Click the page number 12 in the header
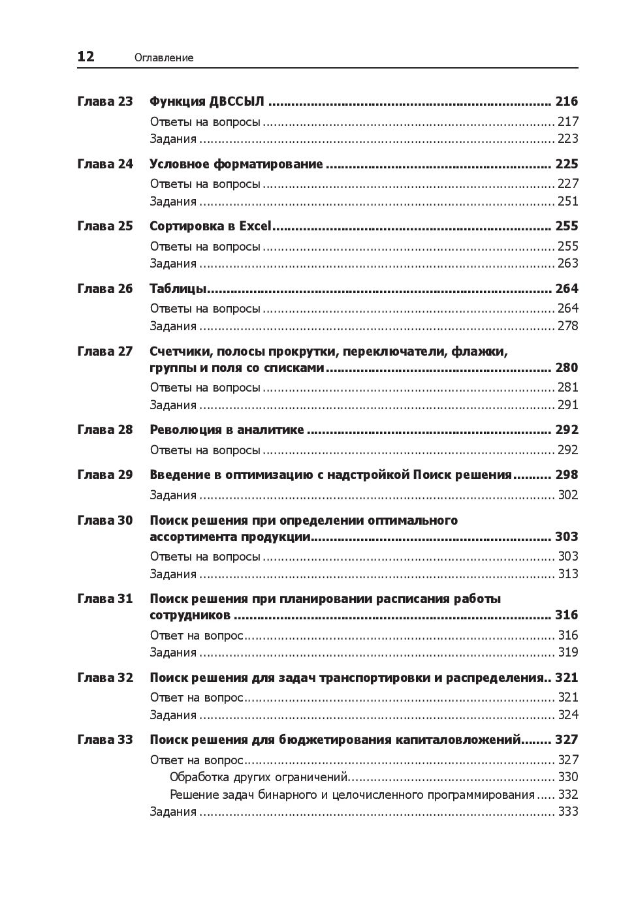tap(86, 57)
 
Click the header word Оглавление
tap(164, 58)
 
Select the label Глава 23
tap(104, 101)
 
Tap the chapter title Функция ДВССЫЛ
tap(207, 101)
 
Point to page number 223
tap(567, 138)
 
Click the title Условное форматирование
tap(236, 164)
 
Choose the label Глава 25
tap(104, 226)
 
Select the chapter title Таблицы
tap(178, 288)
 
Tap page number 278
tap(567, 326)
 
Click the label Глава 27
tap(104, 351)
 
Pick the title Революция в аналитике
tap(227, 429)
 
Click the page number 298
tap(566, 474)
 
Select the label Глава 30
tap(104, 520)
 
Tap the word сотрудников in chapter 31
tap(189, 615)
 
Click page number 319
tap(567, 652)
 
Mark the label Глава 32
tap(104, 677)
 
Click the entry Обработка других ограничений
tap(258, 777)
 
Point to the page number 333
tap(567, 811)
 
